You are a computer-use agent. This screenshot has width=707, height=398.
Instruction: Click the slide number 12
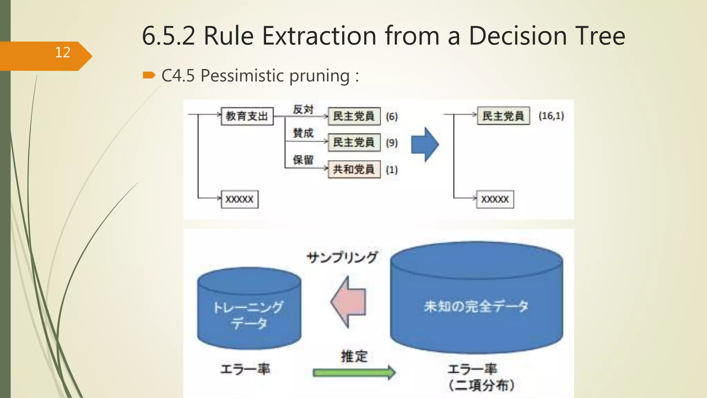(x=62, y=53)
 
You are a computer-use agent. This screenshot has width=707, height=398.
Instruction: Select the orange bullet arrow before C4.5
(x=149, y=75)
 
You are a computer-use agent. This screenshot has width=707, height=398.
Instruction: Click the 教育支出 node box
(x=247, y=116)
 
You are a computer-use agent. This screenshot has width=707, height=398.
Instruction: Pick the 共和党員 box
(x=354, y=169)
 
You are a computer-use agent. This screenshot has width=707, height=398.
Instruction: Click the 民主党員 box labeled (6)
(x=354, y=116)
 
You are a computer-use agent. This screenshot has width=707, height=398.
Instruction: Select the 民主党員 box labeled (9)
(x=354, y=142)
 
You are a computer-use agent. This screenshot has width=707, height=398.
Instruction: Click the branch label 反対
(x=303, y=109)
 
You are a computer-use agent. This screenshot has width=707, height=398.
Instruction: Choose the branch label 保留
(x=303, y=160)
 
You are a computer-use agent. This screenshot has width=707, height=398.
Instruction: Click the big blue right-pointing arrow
(x=425, y=144)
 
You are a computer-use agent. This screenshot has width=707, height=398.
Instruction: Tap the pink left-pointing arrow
(x=349, y=302)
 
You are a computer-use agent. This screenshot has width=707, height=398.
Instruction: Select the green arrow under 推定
(x=354, y=372)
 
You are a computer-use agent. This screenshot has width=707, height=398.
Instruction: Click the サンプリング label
(x=342, y=257)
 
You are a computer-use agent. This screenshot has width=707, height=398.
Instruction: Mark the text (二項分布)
(x=482, y=385)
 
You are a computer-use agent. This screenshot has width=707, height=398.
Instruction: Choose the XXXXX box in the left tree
(x=240, y=199)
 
